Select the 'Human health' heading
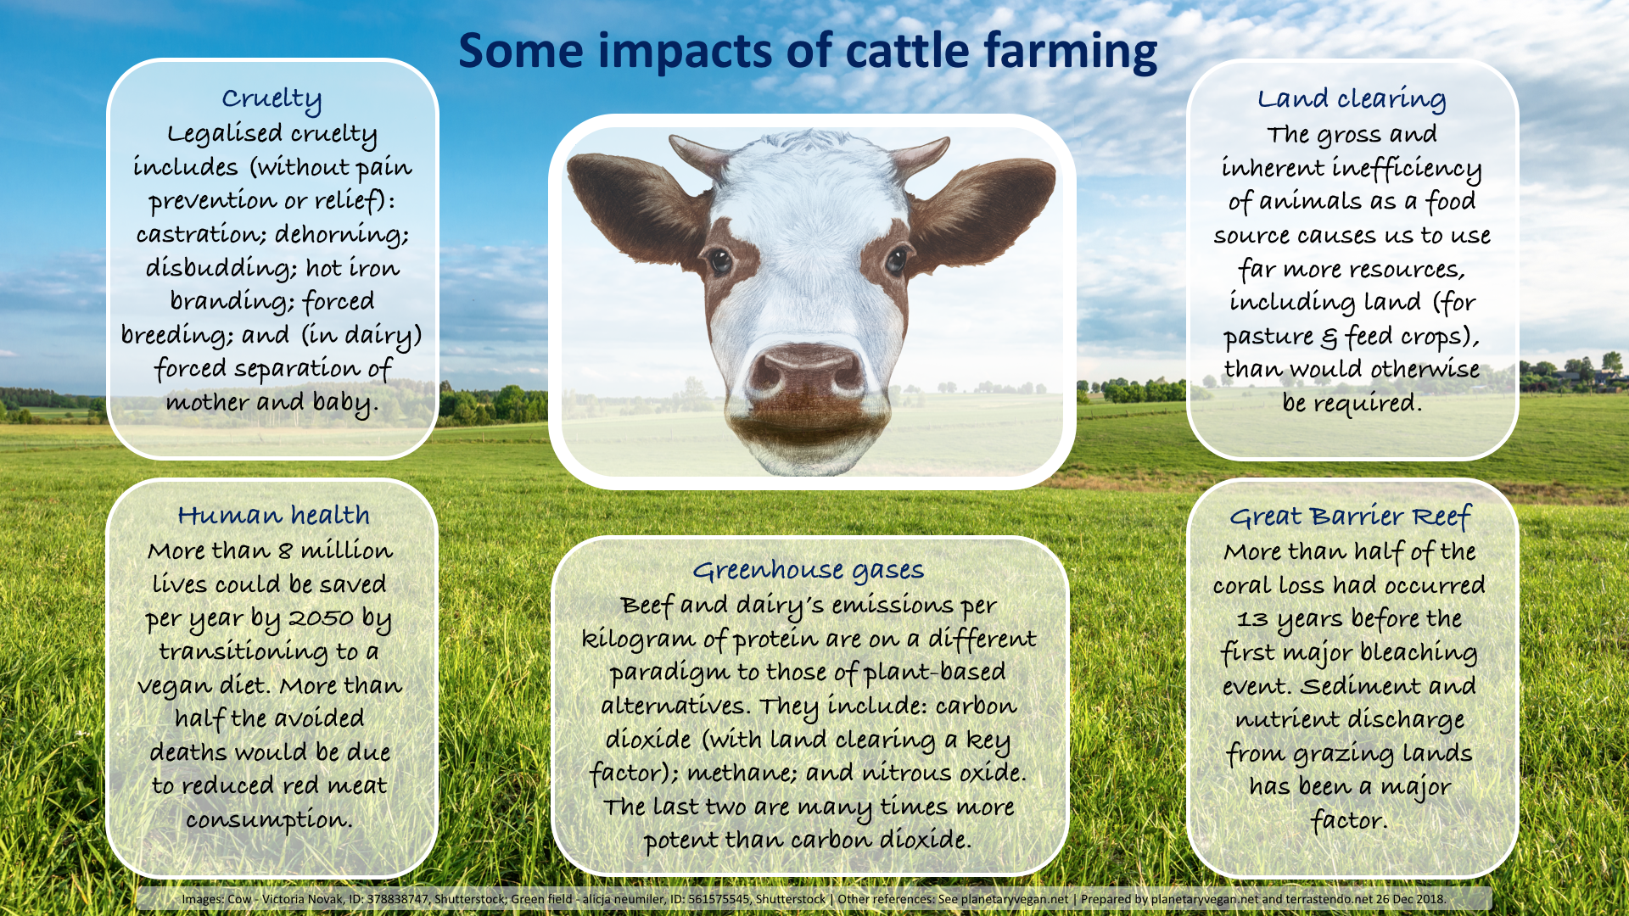(x=273, y=515)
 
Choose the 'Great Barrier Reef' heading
(x=1350, y=517)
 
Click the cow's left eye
(x=896, y=260)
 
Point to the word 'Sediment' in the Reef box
(x=1360, y=686)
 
